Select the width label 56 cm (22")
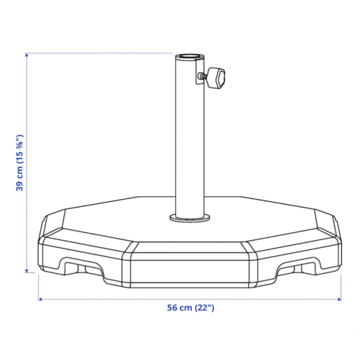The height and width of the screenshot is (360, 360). tap(190, 308)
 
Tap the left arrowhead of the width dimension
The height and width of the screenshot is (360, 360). tap(41, 299)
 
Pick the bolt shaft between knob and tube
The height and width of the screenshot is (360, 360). tap(203, 76)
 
